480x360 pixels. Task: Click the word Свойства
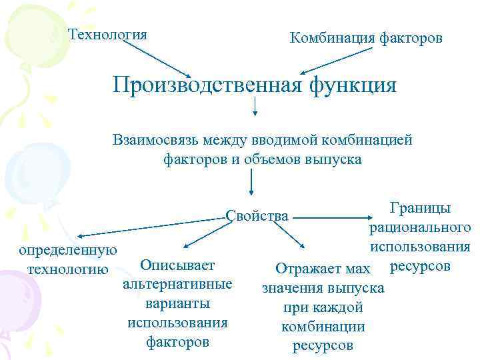257,215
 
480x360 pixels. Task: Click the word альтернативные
178,285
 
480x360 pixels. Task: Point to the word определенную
68,251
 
